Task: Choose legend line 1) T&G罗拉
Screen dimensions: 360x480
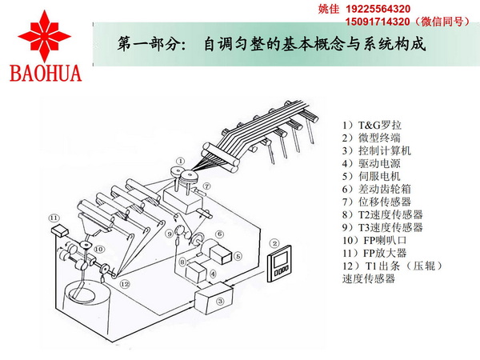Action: (x=373, y=125)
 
